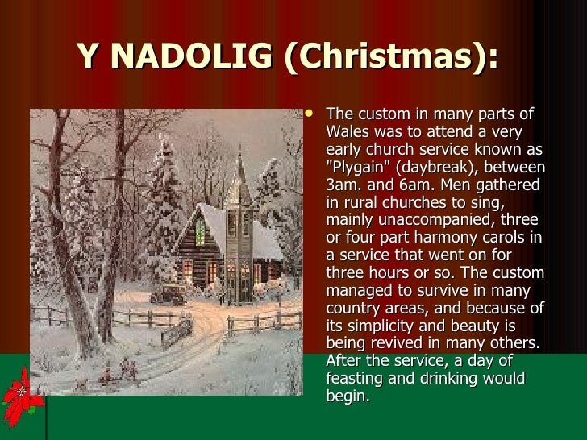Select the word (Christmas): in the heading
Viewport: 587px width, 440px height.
point(390,56)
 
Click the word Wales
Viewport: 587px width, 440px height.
point(346,132)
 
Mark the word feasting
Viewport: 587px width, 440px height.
point(355,379)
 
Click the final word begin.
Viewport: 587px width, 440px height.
point(348,396)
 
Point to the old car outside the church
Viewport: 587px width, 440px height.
point(169,294)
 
